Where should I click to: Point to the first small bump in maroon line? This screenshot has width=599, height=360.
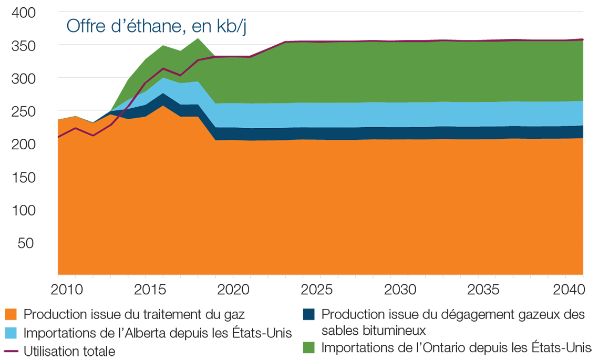(76, 128)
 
